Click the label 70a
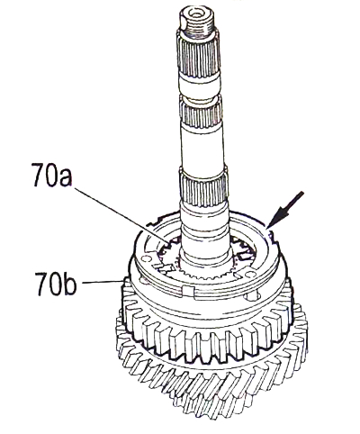(51, 175)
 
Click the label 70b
(56, 284)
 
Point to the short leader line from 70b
(102, 281)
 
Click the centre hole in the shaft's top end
(196, 14)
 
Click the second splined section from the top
(201, 113)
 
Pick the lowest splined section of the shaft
(203, 187)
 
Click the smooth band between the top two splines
(200, 87)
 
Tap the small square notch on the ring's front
(188, 291)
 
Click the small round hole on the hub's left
(146, 258)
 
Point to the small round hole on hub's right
(251, 297)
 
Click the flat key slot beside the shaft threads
(184, 24)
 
